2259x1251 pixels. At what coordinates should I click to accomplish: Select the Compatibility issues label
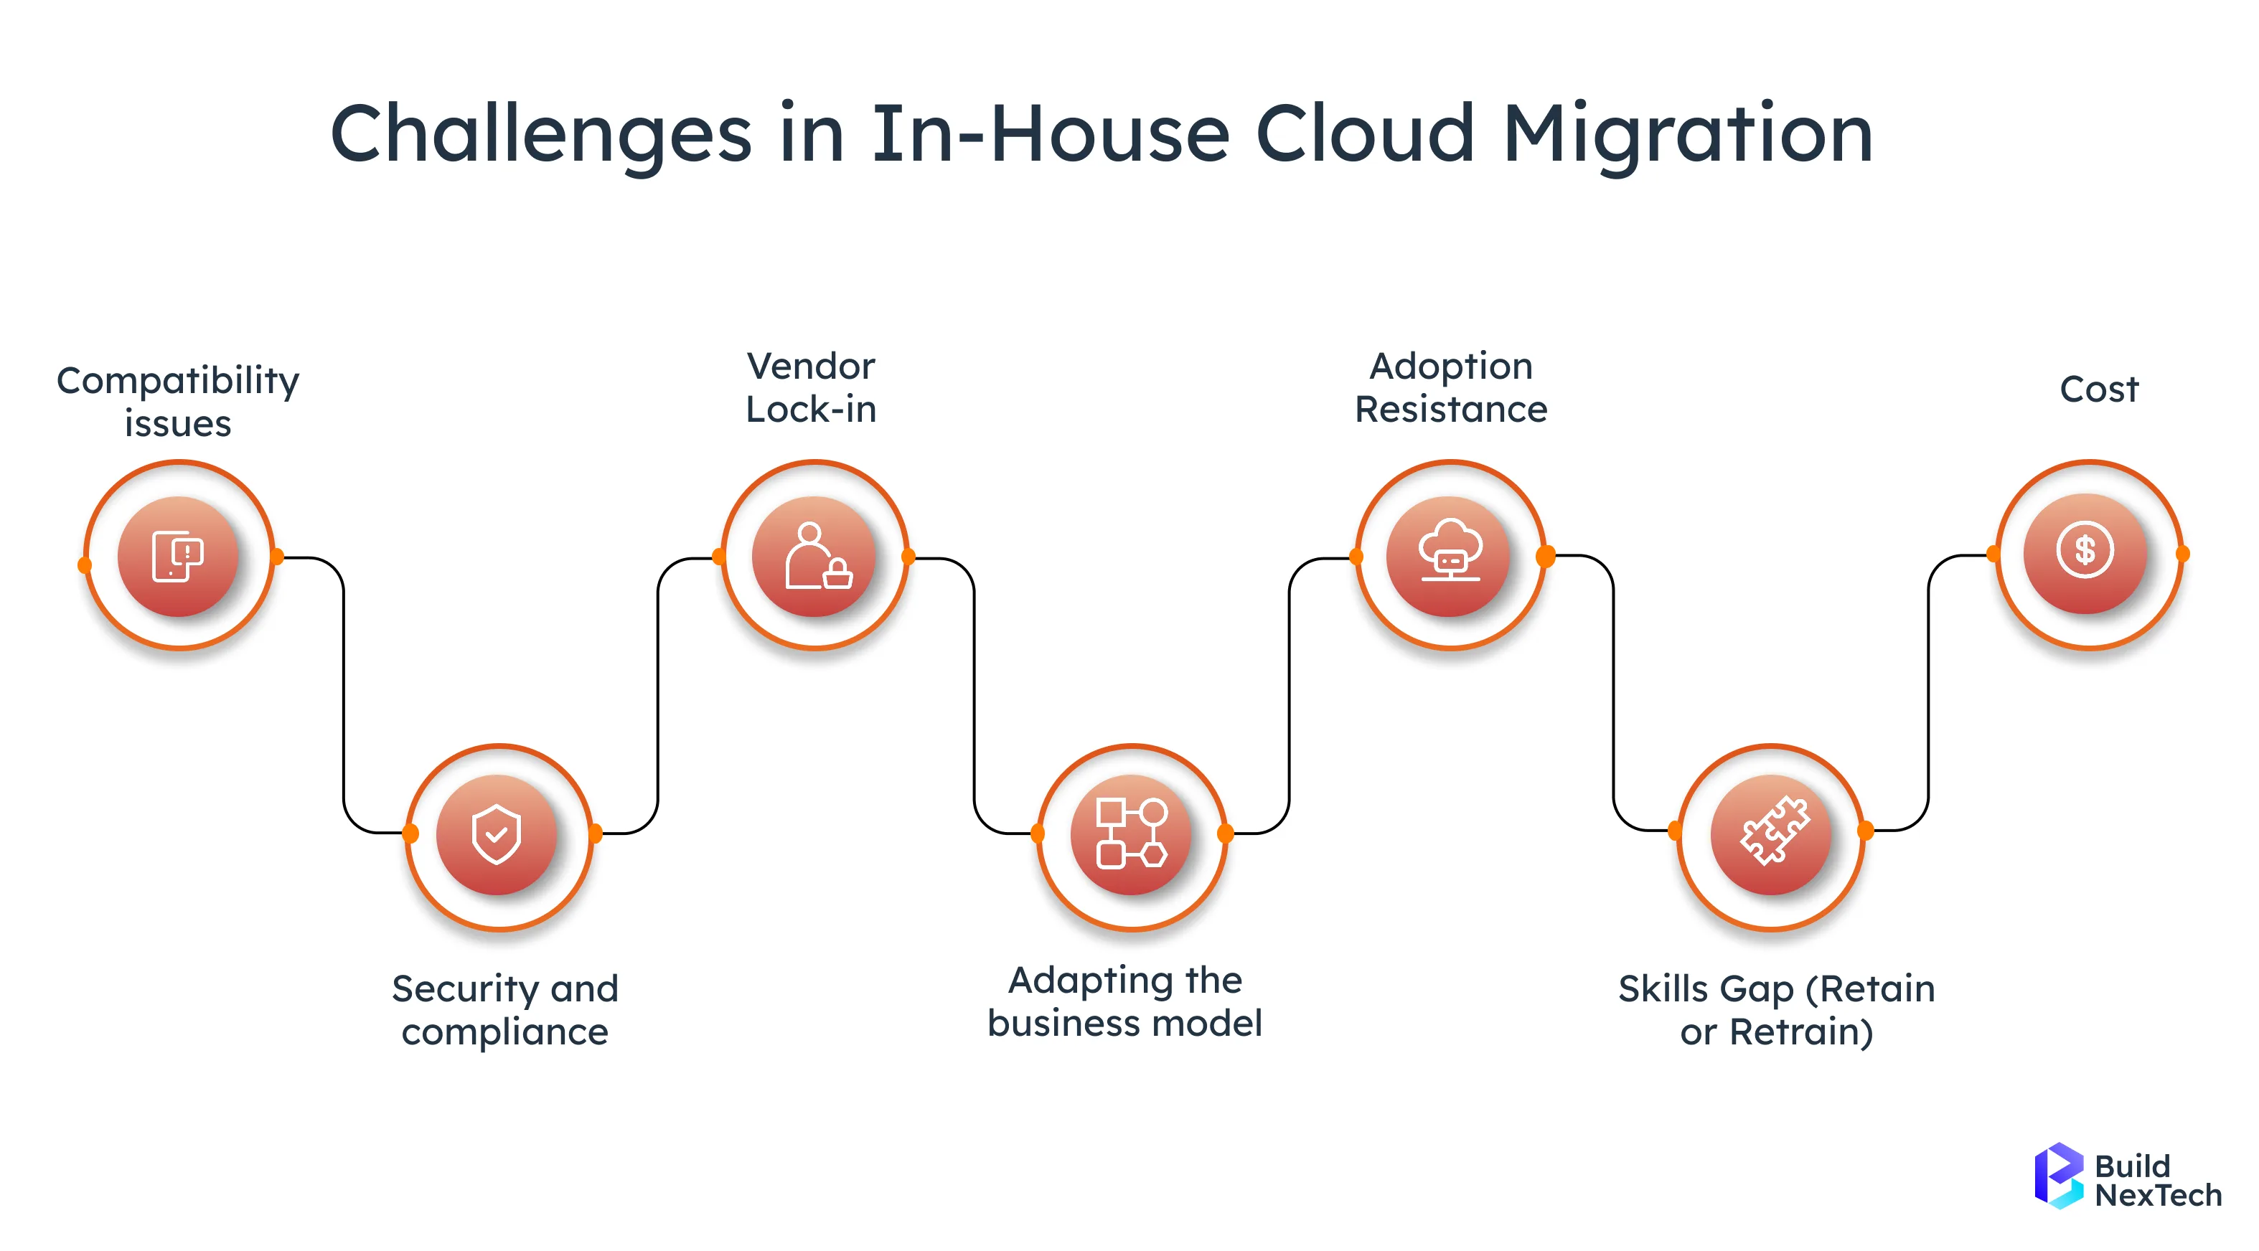click(178, 402)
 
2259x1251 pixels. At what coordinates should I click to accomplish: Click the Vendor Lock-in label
click(810, 387)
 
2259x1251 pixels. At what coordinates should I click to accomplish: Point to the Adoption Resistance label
click(1450, 387)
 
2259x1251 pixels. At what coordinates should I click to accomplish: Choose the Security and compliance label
click(504, 1010)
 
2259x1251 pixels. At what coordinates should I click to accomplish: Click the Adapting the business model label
click(1124, 1001)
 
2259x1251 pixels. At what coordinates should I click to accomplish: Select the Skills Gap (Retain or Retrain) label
click(1776, 1010)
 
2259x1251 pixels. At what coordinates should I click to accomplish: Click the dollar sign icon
click(2085, 552)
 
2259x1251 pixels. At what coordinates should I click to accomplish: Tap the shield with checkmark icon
click(497, 834)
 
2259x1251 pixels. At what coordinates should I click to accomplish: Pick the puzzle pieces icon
click(1772, 832)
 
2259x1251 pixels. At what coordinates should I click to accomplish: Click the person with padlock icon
click(816, 557)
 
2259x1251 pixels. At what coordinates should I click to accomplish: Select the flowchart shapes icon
click(1131, 834)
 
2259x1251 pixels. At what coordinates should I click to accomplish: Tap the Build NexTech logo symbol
click(2057, 1176)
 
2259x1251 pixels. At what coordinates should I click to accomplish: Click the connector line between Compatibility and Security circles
click(344, 692)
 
